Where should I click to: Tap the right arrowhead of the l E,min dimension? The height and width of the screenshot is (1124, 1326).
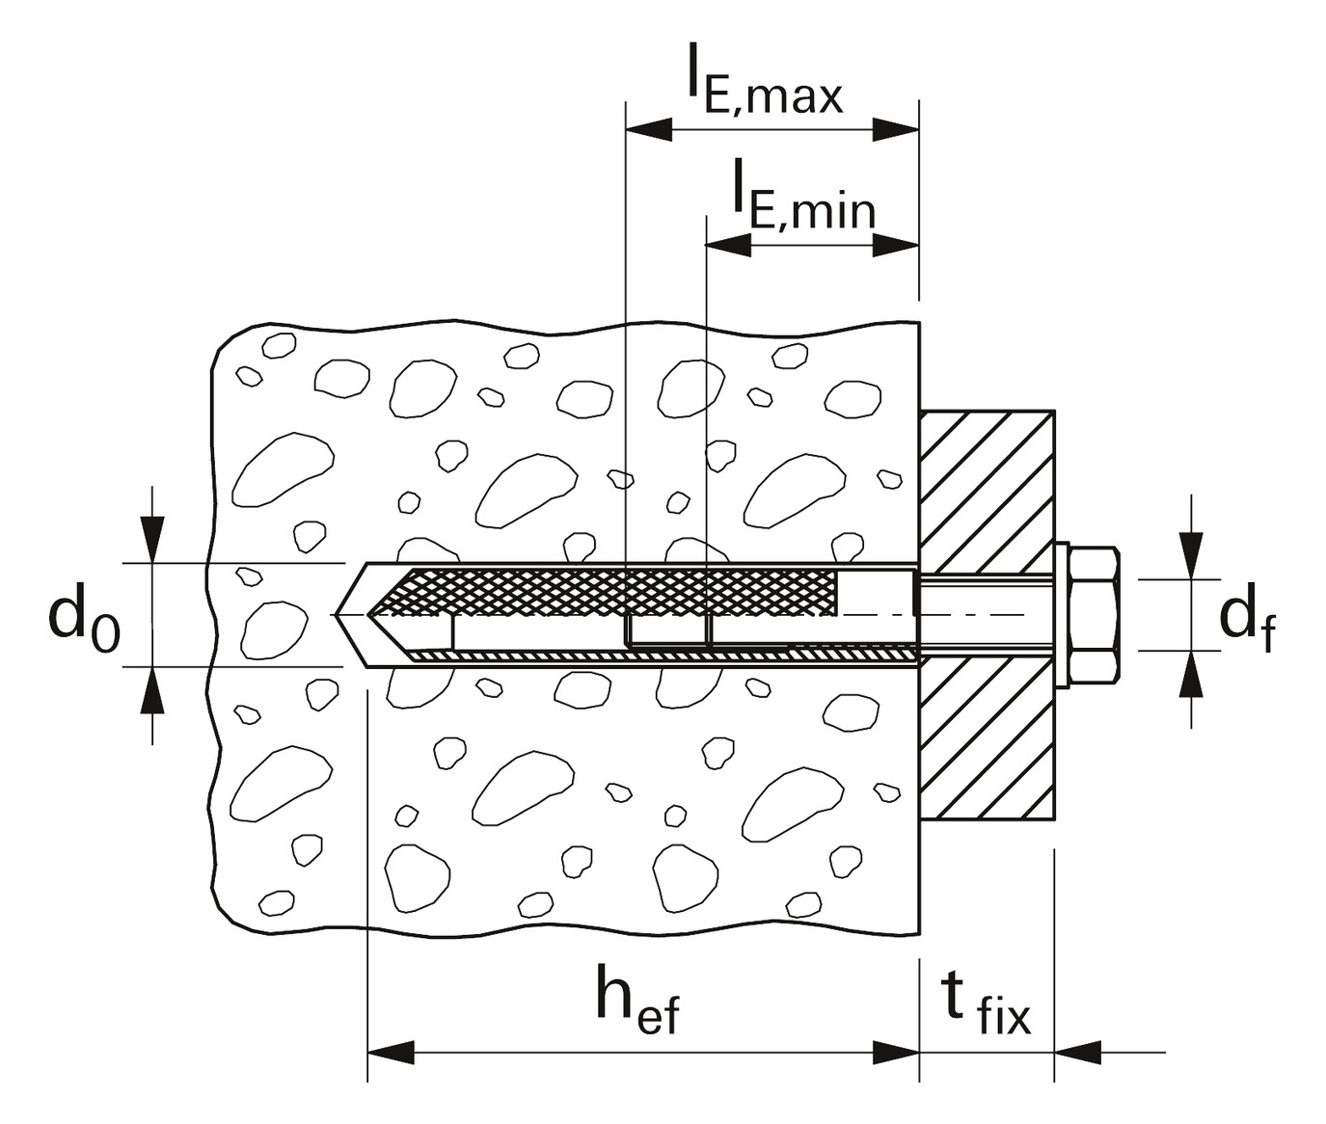tap(896, 244)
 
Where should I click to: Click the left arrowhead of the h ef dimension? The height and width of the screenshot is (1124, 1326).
tap(391, 1052)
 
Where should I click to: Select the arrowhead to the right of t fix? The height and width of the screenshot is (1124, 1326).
tap(1078, 1052)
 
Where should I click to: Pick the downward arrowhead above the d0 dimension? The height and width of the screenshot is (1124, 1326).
tap(152, 539)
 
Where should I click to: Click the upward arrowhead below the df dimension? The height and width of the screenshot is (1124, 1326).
tap(1192, 674)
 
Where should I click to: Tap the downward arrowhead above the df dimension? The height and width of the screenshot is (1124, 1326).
tap(1192, 555)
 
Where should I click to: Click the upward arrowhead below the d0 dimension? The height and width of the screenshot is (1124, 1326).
tap(152, 690)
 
